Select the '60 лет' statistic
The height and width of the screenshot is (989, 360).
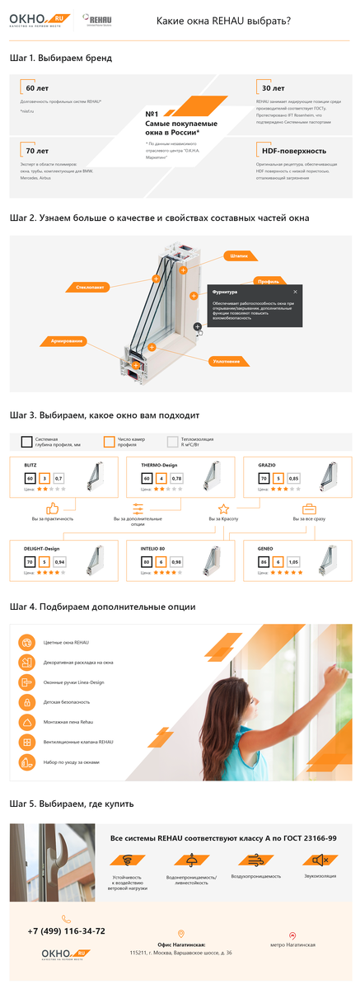(37, 87)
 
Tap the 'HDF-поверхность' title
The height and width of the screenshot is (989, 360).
(293, 151)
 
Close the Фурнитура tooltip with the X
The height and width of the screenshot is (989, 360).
(295, 291)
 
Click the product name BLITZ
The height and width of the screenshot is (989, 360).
(30, 465)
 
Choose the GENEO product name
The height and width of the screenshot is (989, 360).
(266, 547)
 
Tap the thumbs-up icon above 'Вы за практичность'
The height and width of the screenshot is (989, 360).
(53, 509)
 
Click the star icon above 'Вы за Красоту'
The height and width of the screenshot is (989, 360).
(223, 509)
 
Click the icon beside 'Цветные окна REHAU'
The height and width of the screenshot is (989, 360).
(26, 641)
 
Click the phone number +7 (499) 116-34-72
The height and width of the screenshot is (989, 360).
(67, 930)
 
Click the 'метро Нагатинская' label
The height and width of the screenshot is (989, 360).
(292, 944)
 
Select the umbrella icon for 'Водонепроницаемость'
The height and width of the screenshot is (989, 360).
(191, 860)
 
